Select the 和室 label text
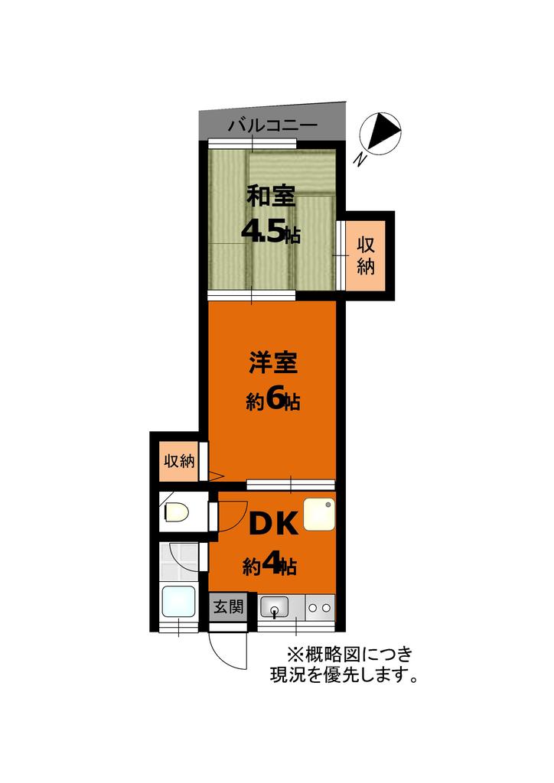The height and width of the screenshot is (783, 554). click(x=270, y=197)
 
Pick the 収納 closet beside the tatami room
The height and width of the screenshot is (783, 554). click(x=367, y=255)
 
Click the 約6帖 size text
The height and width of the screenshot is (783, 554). click(x=272, y=401)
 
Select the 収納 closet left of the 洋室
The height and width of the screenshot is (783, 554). click(x=179, y=461)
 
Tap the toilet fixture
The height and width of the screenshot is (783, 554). click(x=175, y=512)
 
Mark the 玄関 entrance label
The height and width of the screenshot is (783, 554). click(x=227, y=607)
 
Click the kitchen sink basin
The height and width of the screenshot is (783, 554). click(x=274, y=609)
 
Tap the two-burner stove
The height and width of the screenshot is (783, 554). click(x=319, y=609)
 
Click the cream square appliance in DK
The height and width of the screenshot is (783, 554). click(x=318, y=515)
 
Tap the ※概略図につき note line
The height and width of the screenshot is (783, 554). click(x=349, y=655)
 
